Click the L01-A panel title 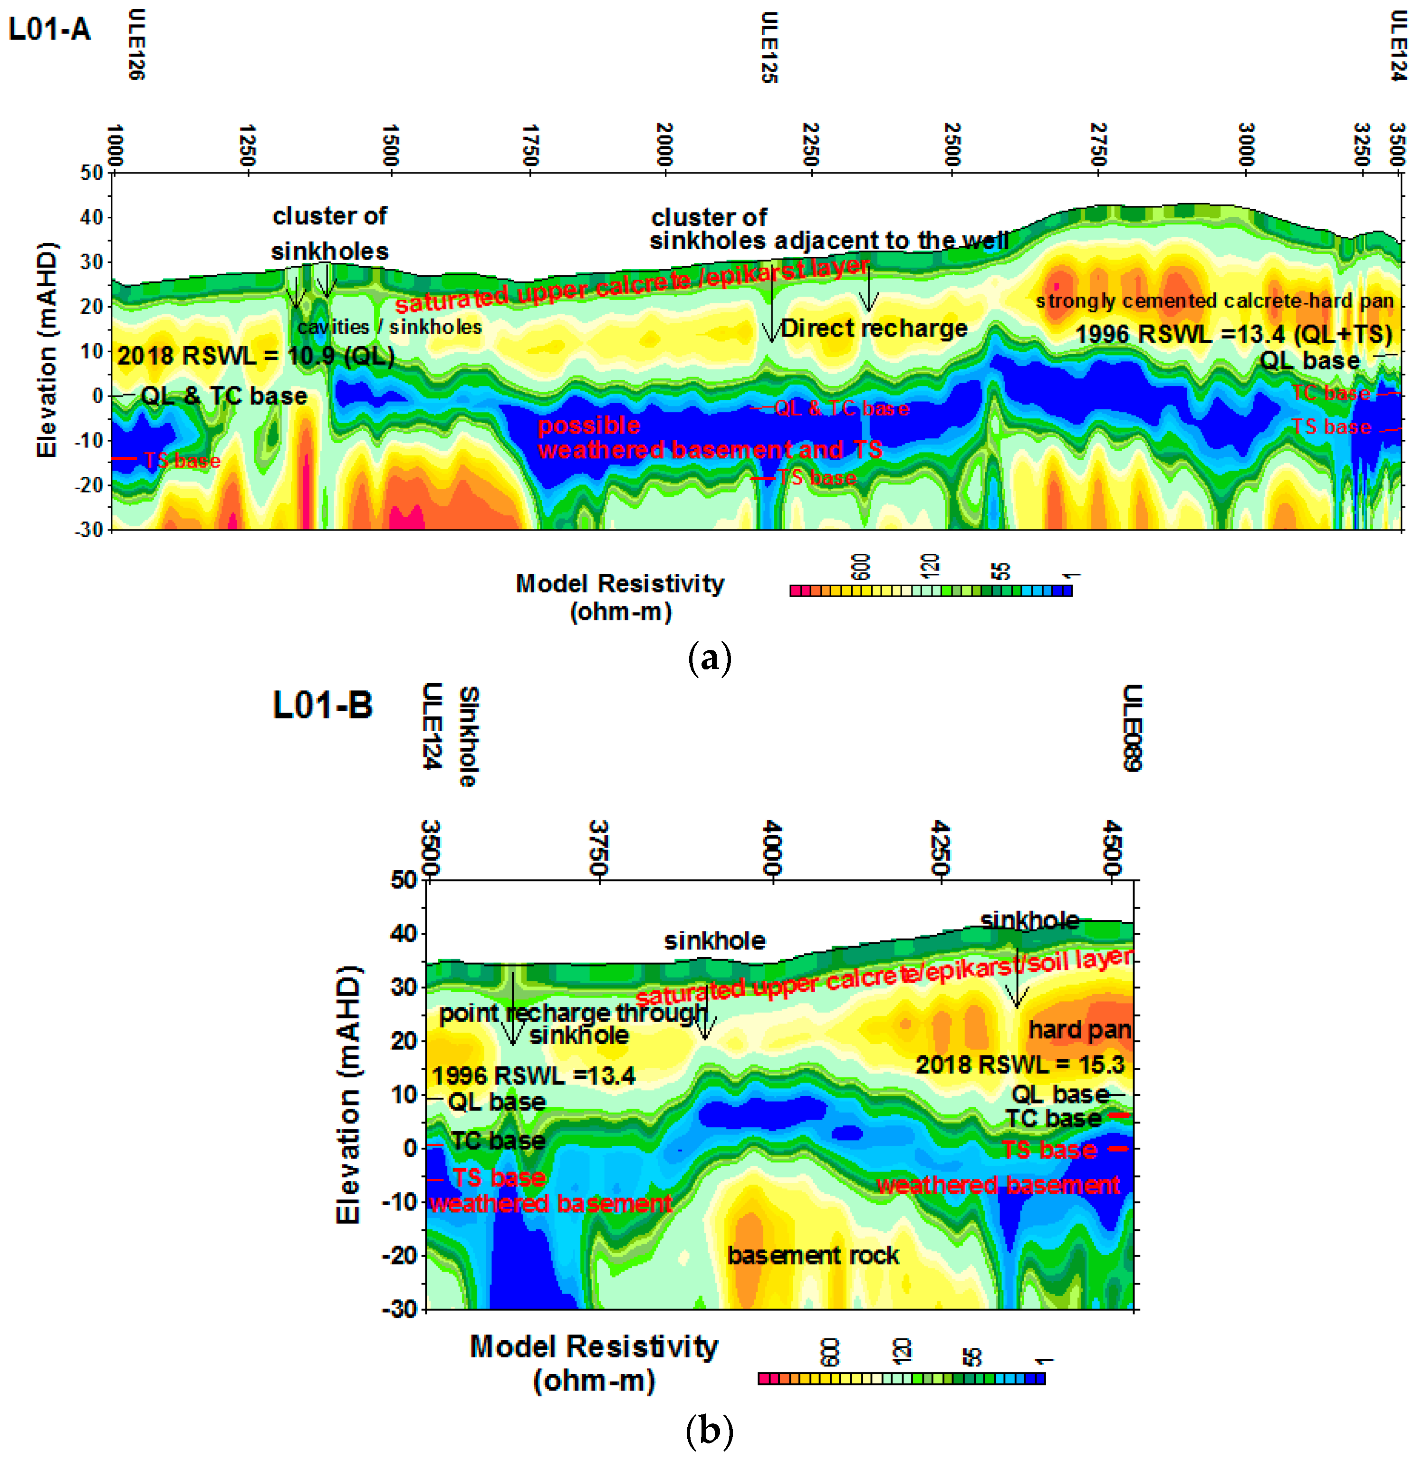point(49,30)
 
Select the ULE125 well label point(769,48)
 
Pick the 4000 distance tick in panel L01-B point(772,848)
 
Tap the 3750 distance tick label point(598,848)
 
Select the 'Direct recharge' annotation point(874,328)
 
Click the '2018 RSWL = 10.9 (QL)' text point(256,356)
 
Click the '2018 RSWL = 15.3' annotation point(1019,1064)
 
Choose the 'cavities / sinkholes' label point(389,327)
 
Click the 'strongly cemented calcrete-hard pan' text point(1214,301)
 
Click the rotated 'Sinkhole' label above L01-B point(468,736)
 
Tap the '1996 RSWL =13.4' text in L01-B point(534,1075)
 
